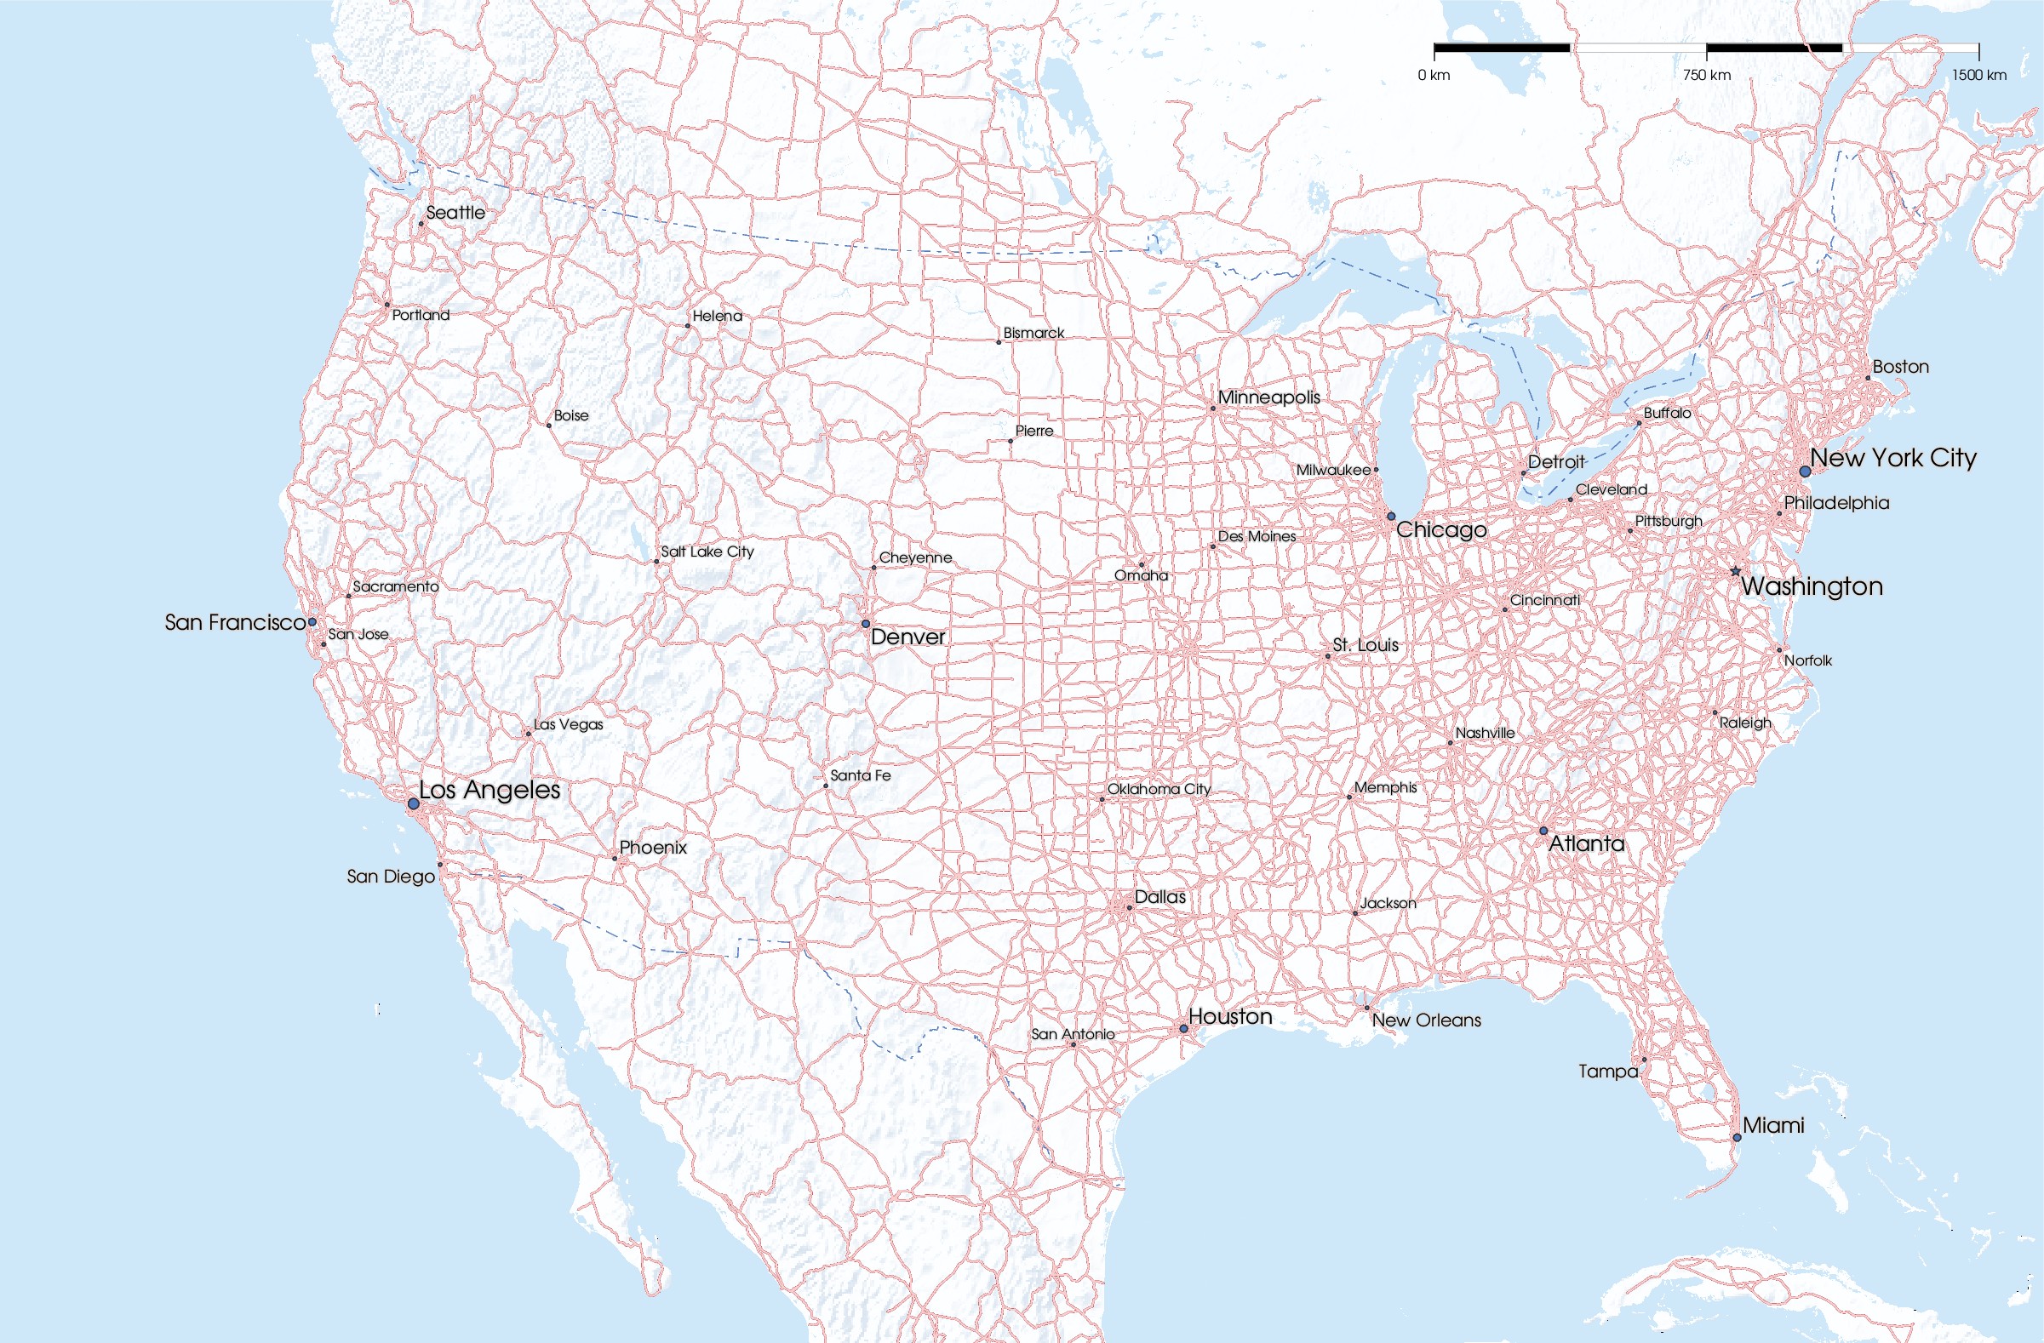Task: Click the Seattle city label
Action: pyautogui.click(x=455, y=212)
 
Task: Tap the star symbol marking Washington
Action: pyautogui.click(x=1735, y=571)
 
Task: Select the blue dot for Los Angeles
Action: pyautogui.click(x=413, y=803)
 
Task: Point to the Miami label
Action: pyautogui.click(x=1772, y=1125)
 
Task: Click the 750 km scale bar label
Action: pyautogui.click(x=1707, y=76)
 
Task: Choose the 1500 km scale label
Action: pyautogui.click(x=1978, y=76)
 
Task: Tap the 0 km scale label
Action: pyautogui.click(x=1434, y=76)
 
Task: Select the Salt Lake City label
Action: pyautogui.click(x=707, y=551)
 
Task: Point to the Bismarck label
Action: pyautogui.click(x=1033, y=333)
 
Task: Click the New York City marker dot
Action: pyautogui.click(x=1806, y=471)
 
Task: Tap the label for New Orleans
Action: pyautogui.click(x=1426, y=1020)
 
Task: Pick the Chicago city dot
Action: pyautogui.click(x=1391, y=517)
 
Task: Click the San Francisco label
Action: pyautogui.click(x=234, y=622)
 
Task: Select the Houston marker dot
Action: pyautogui.click(x=1183, y=1029)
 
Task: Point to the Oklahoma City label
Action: pyautogui.click(x=1159, y=789)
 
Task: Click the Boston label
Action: pyautogui.click(x=1901, y=367)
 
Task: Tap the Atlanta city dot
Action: pyautogui.click(x=1543, y=832)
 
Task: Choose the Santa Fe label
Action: pyautogui.click(x=860, y=775)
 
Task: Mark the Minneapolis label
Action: pyautogui.click(x=1268, y=397)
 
